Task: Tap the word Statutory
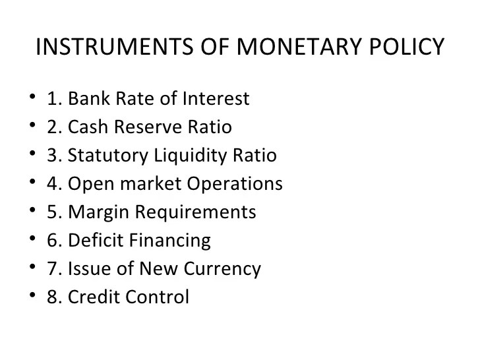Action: (107, 156)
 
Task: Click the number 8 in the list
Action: (52, 297)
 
